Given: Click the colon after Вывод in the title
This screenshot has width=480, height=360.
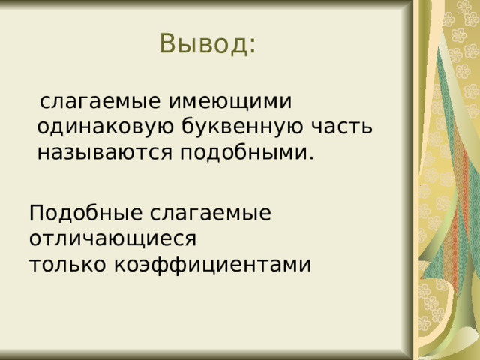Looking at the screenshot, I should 251,47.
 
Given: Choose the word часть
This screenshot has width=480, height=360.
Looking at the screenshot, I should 339,127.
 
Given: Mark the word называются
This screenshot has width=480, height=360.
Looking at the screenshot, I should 105,153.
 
